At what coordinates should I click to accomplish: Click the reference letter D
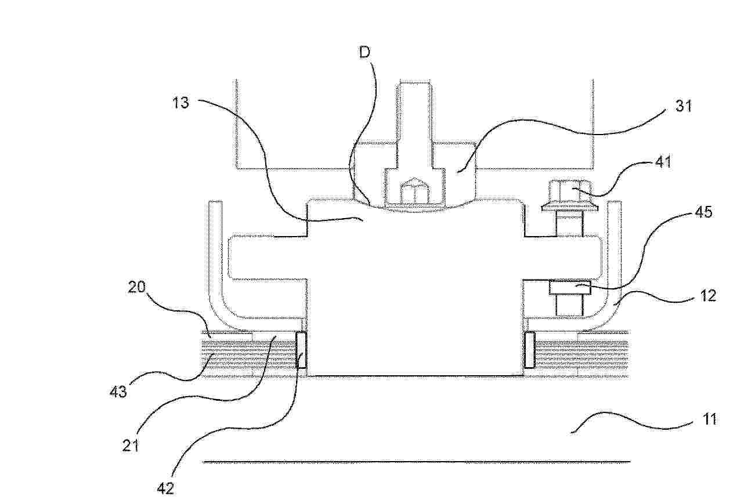pos(364,52)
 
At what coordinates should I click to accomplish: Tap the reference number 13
pos(180,103)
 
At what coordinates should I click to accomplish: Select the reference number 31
pos(683,106)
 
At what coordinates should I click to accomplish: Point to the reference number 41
pos(663,162)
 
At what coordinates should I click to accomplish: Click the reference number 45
pos(703,212)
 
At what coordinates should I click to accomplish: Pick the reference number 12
pos(707,295)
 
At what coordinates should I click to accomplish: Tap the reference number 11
pos(709,419)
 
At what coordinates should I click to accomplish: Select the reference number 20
pos(136,287)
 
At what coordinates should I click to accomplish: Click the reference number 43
pos(118,391)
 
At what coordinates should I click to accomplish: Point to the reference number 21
pos(131,446)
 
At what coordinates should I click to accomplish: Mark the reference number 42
pos(165,488)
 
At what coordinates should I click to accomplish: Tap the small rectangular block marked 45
pos(570,287)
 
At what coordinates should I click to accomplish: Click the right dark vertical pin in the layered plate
pos(530,349)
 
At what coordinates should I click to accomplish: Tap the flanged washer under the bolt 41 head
pos(570,208)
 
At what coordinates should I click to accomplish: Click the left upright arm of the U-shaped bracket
pos(215,256)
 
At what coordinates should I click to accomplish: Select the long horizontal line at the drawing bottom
pos(417,462)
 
